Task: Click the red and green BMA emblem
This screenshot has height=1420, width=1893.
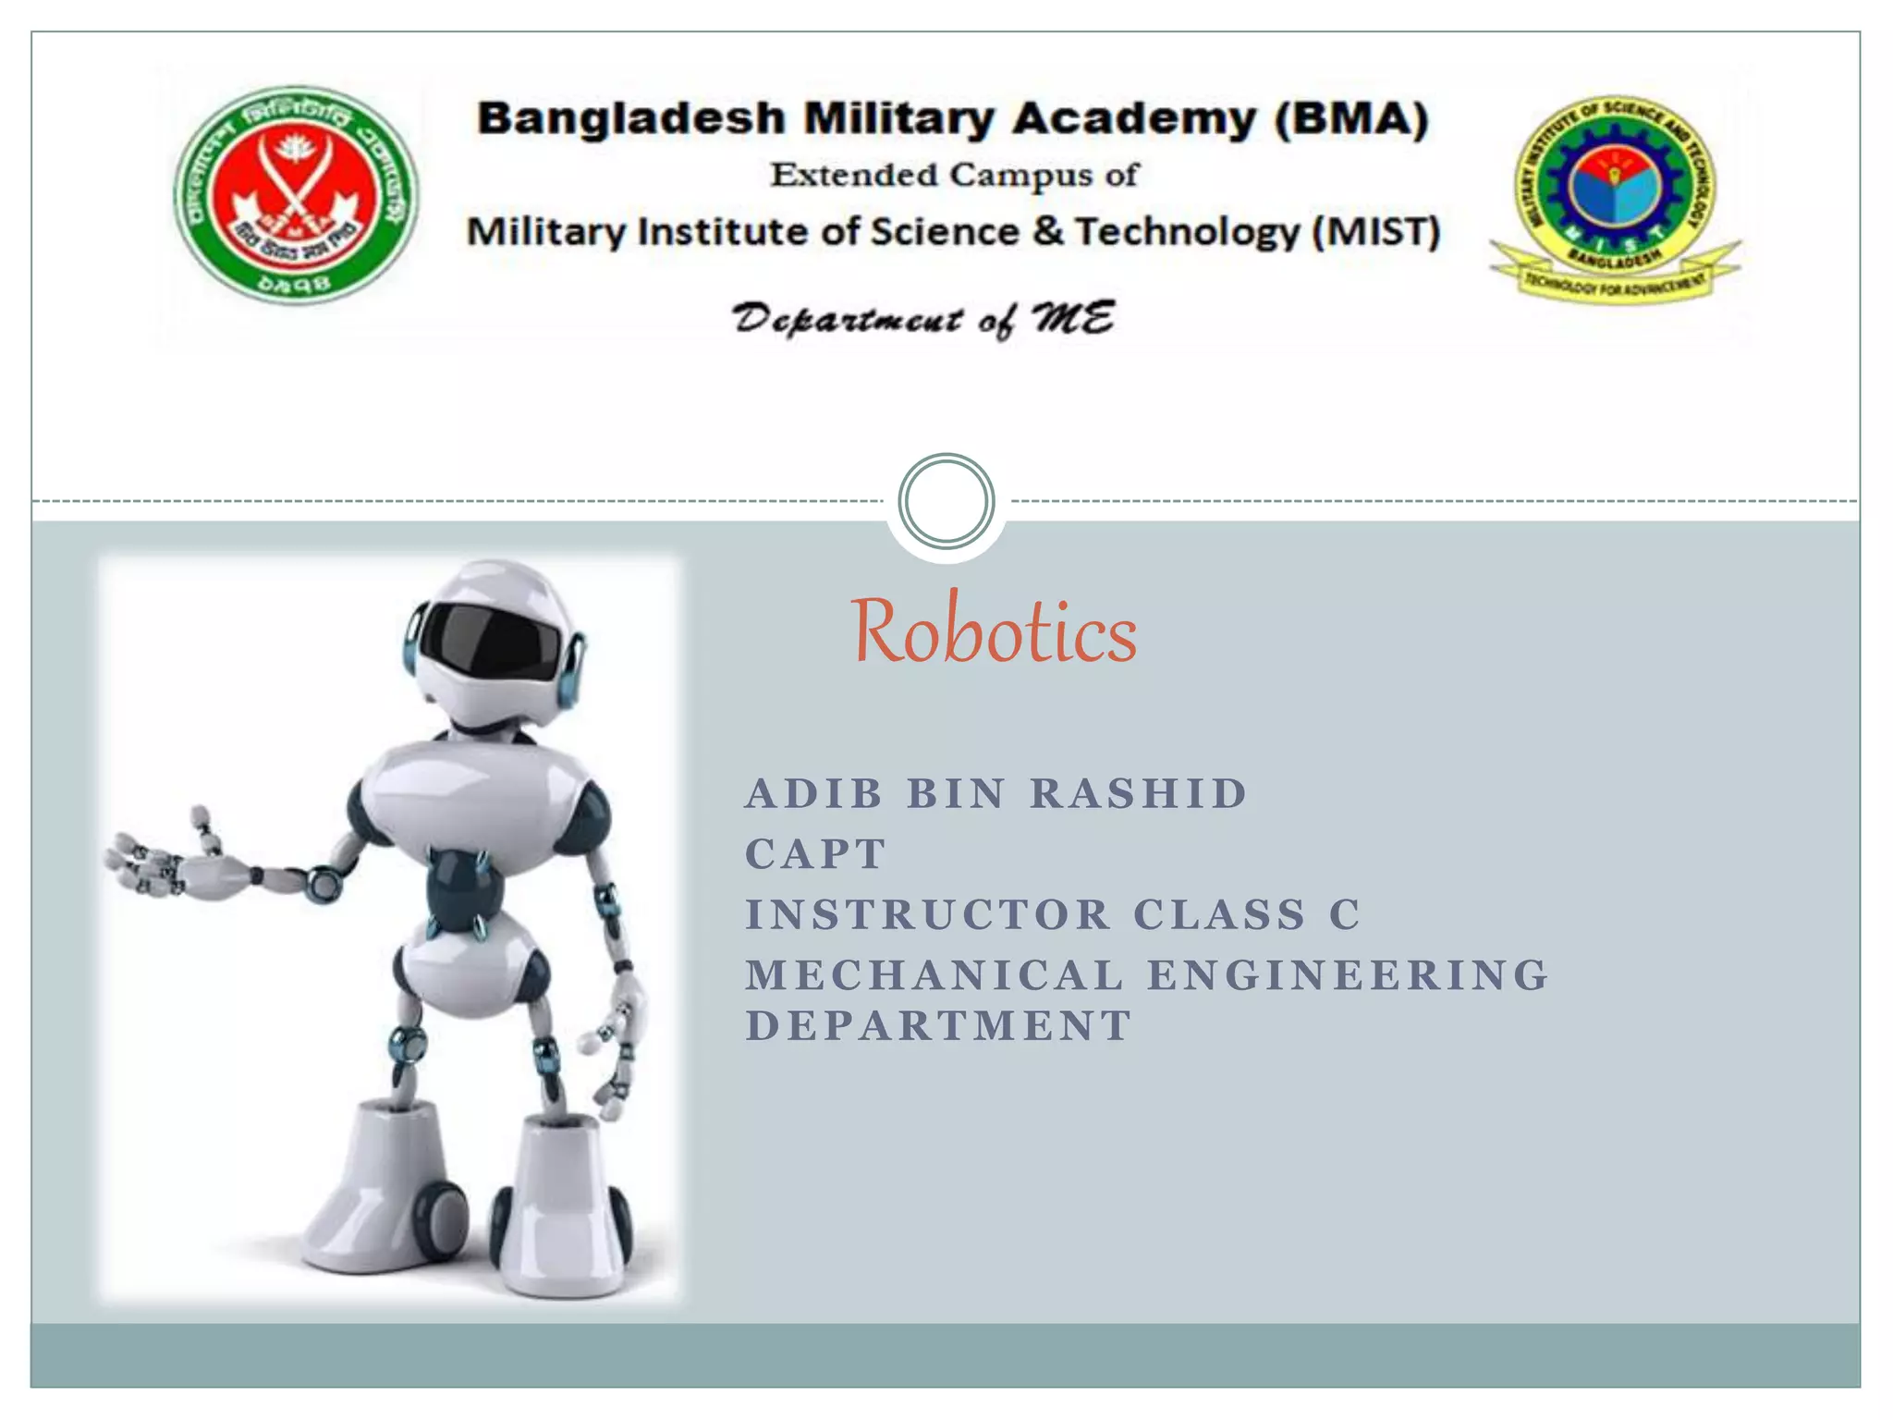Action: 296,195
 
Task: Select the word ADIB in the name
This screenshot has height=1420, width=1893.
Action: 814,794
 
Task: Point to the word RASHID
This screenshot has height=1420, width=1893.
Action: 1139,794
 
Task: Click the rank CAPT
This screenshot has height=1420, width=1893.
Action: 816,854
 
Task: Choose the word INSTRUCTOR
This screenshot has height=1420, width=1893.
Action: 928,915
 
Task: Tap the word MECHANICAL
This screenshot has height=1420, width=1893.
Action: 934,975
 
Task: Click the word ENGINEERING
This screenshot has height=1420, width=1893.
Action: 1348,975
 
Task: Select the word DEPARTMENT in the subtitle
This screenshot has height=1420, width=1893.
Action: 939,1026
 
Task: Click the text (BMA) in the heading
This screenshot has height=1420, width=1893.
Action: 1351,119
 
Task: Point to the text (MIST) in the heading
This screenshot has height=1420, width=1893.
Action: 1376,231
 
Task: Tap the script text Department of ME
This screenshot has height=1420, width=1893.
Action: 923,320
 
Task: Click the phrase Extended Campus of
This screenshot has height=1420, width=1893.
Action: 955,175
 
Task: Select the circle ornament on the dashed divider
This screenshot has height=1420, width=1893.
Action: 946,501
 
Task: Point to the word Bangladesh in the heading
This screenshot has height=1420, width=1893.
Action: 631,119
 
